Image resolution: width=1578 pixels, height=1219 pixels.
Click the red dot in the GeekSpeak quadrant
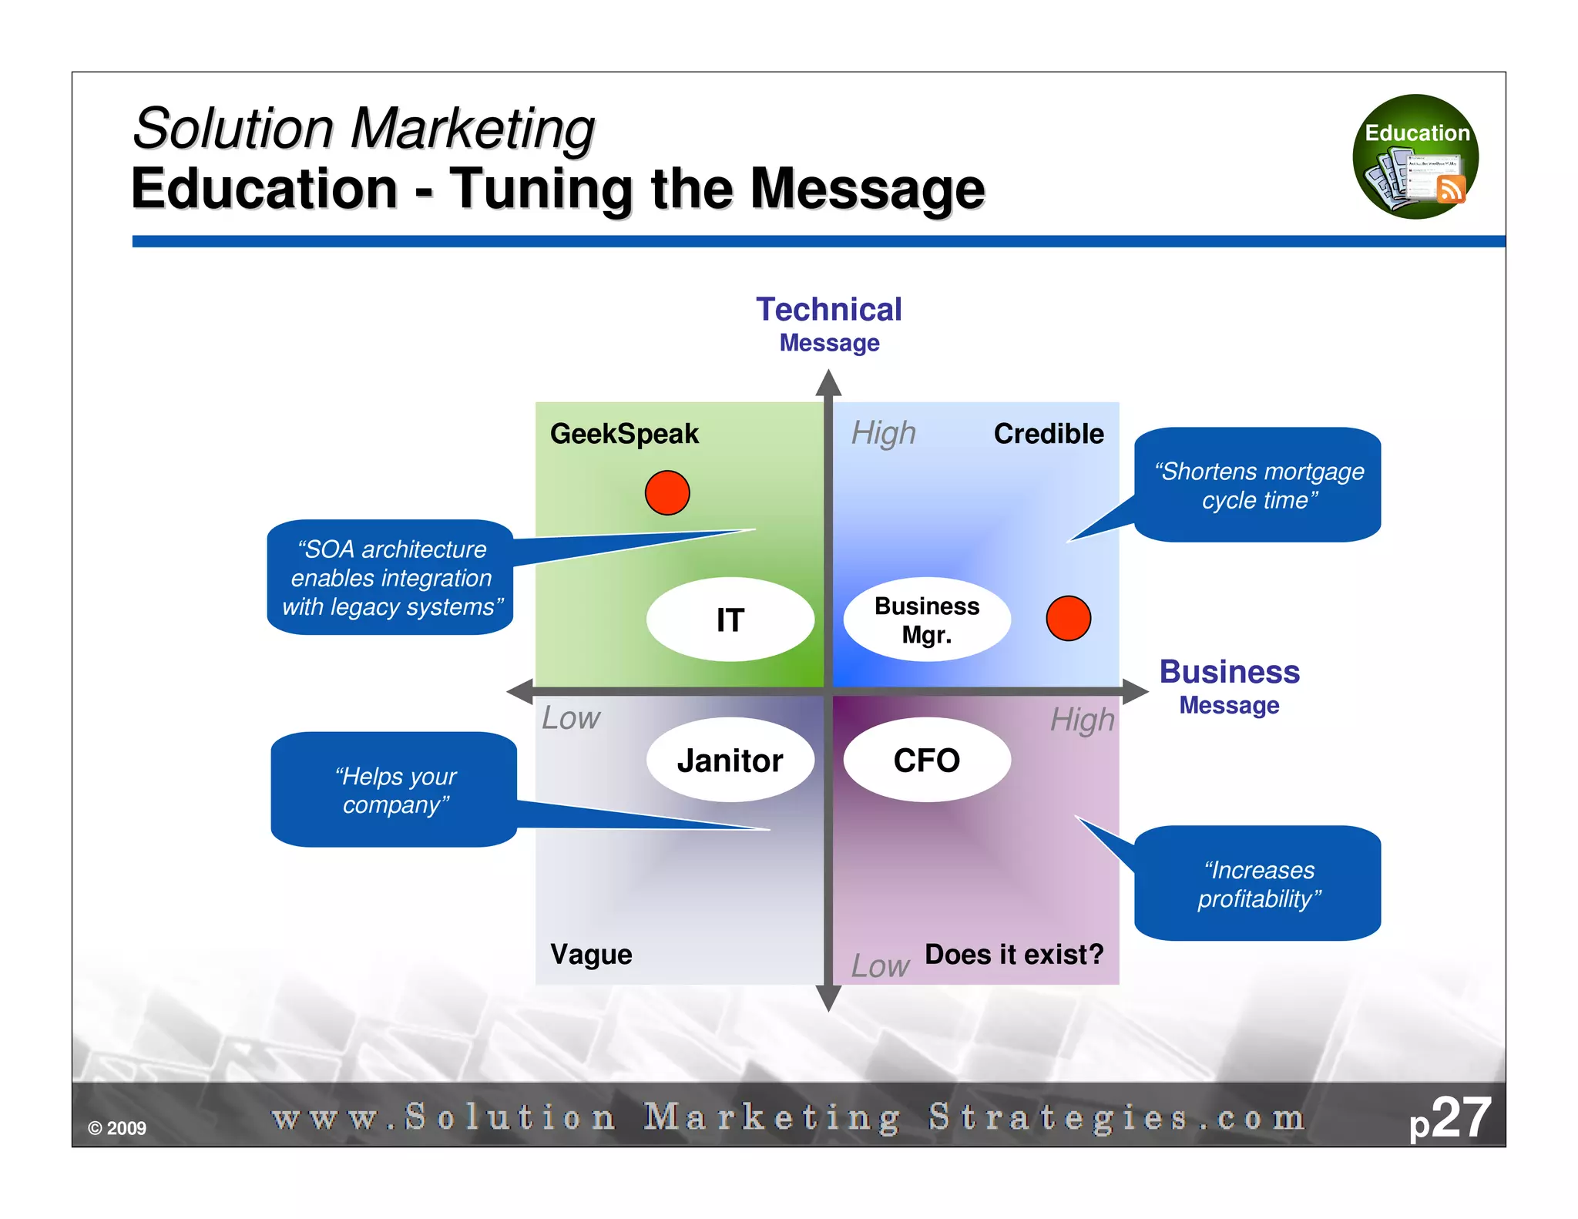coord(666,492)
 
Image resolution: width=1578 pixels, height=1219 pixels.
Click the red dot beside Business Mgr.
coord(1068,618)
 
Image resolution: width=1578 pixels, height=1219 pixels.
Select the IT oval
coord(730,620)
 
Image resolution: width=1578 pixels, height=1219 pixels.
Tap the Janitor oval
coord(730,761)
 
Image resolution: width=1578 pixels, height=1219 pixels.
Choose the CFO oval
coord(927,761)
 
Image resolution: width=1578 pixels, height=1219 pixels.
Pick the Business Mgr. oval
coord(927,620)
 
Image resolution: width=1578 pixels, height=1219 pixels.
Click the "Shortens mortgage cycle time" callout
coord(1257,485)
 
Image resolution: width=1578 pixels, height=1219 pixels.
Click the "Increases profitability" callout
coord(1257,883)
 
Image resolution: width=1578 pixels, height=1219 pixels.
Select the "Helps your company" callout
coord(394,790)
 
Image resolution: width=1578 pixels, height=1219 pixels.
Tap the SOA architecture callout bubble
coord(391,577)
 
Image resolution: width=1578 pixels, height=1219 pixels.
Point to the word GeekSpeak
coord(624,434)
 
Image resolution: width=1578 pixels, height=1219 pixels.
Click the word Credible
coord(1048,434)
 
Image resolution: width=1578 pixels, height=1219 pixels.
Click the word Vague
coord(591,955)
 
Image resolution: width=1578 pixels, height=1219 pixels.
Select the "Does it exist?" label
coord(1014,955)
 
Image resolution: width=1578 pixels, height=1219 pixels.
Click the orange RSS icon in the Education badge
coord(1451,189)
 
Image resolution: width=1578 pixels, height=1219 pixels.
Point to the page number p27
coord(1449,1118)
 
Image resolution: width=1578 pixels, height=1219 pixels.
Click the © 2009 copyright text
coord(117,1128)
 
